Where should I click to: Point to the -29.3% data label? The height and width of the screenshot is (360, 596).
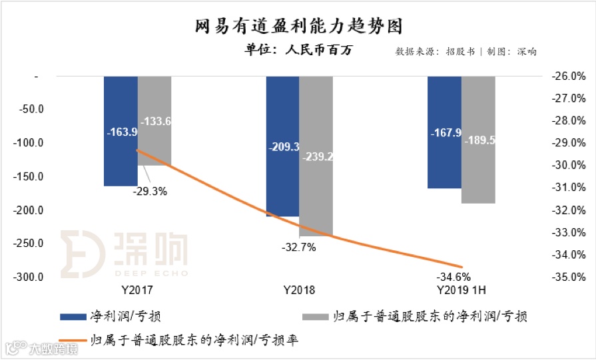tap(148, 192)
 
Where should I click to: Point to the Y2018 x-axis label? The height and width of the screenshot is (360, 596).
tap(299, 291)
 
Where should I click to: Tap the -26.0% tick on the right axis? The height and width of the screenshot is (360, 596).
tap(569, 76)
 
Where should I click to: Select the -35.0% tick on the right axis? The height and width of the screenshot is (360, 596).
tap(569, 277)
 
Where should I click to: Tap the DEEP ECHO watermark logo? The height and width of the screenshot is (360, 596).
tap(124, 254)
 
